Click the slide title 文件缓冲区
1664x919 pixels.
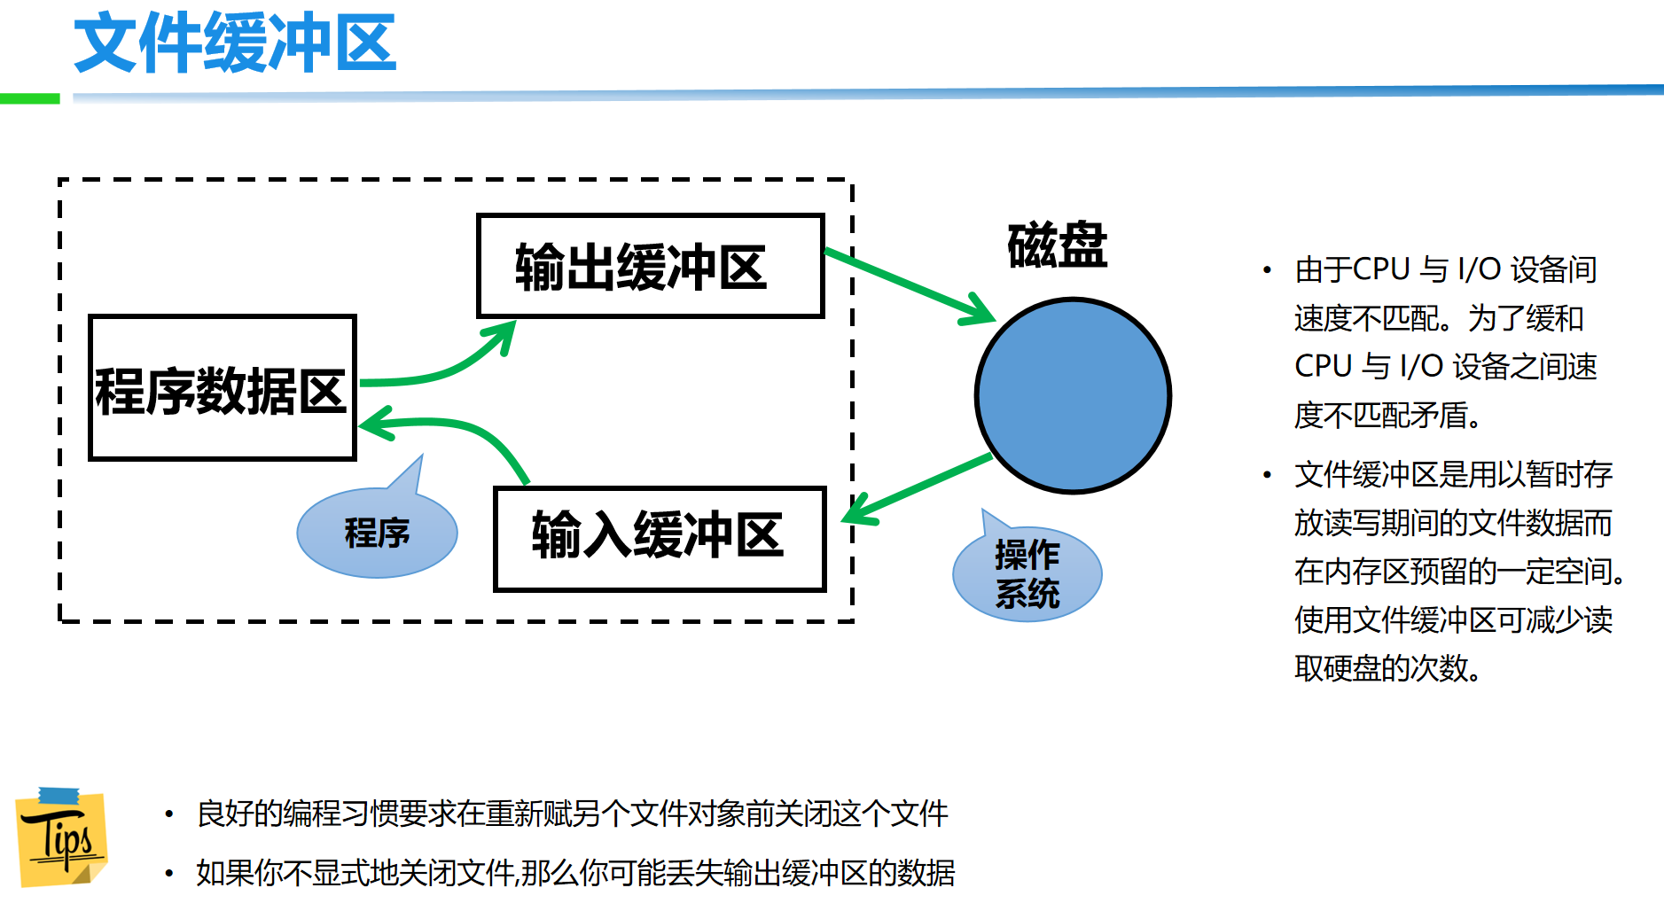point(235,43)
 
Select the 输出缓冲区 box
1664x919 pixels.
point(650,266)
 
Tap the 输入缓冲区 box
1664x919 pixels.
point(660,538)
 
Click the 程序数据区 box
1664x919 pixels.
point(222,388)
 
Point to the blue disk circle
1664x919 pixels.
point(1073,395)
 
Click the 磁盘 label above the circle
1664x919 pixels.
point(1057,245)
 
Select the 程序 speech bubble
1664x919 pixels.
point(377,533)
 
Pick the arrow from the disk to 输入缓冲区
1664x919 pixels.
point(922,487)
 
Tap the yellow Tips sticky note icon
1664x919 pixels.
point(61,837)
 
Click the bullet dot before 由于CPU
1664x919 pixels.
point(1267,269)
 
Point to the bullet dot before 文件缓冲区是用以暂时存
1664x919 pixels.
point(1267,475)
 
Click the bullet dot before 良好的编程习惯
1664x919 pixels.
point(168,814)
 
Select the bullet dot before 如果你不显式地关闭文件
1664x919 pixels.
point(168,873)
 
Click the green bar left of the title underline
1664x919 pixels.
point(29,98)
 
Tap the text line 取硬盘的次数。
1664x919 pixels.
point(1387,668)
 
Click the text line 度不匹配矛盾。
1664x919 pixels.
point(1387,415)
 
